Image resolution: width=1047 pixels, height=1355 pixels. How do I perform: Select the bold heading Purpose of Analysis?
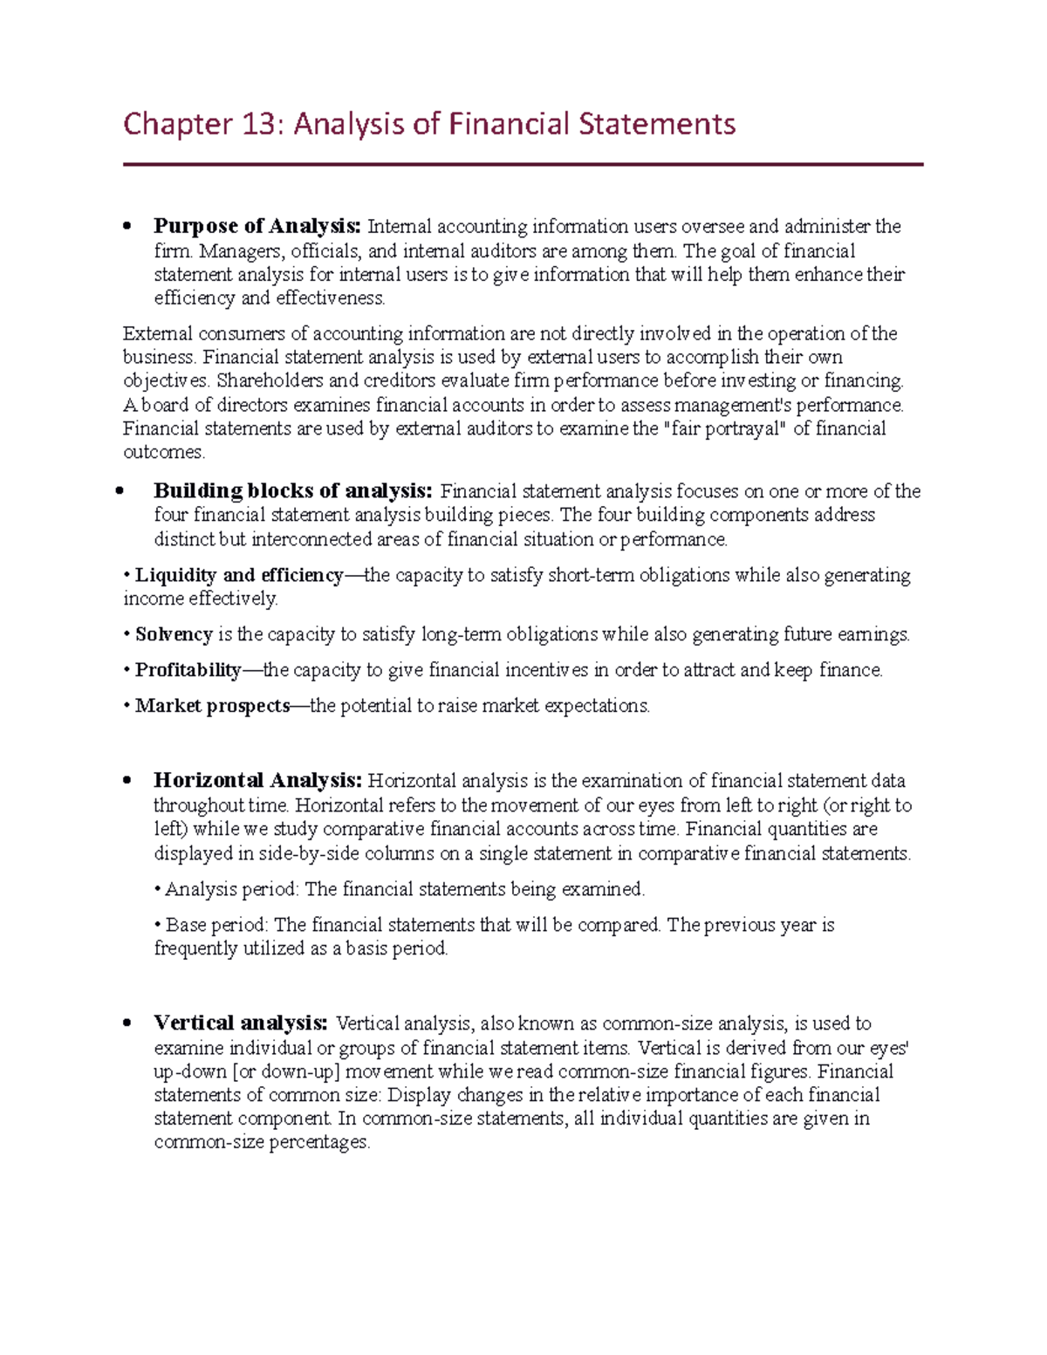pos(257,227)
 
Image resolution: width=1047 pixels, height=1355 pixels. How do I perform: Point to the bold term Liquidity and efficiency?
pos(239,576)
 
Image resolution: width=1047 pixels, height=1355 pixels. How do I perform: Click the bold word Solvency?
pos(174,635)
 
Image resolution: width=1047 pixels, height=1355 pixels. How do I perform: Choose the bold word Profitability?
pos(188,671)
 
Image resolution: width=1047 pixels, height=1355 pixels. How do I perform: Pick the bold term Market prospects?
pos(212,706)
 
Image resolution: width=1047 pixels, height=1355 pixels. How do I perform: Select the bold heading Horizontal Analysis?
pos(257,781)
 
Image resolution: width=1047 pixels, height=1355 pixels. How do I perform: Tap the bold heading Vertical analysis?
pos(241,1023)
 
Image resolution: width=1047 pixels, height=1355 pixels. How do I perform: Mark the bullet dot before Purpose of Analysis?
pos(127,227)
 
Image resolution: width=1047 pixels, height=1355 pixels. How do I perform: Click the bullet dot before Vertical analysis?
pos(127,1023)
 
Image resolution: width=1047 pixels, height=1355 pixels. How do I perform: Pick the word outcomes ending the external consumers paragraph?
pos(163,453)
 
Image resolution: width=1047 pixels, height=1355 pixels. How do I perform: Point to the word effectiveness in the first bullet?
pos(330,298)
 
